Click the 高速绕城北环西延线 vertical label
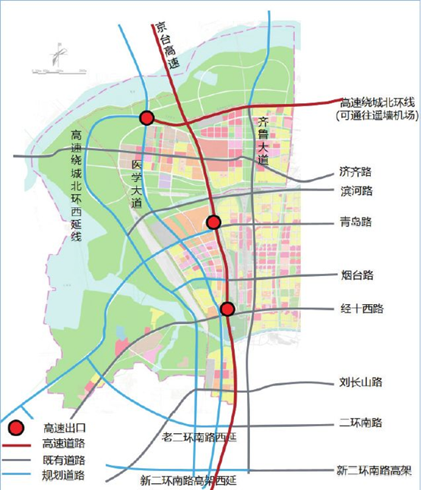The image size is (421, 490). (x=76, y=185)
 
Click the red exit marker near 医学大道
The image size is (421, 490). (x=147, y=118)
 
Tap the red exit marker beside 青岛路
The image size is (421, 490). (x=214, y=222)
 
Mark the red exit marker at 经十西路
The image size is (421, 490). (x=227, y=309)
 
